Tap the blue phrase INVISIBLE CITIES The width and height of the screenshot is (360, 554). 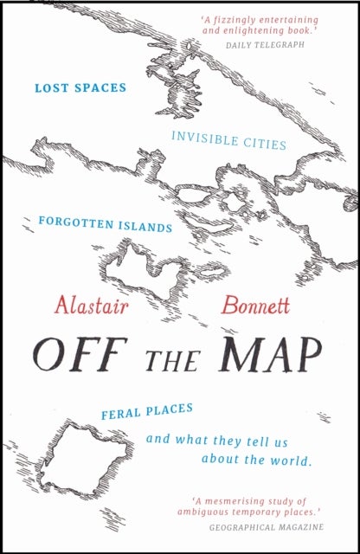tap(229, 141)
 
